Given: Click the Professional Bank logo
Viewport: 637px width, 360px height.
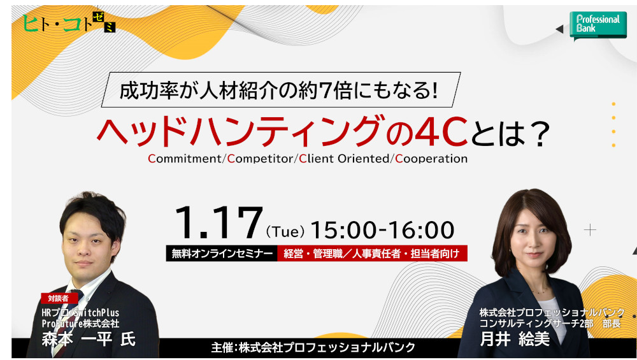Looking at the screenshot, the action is [598, 25].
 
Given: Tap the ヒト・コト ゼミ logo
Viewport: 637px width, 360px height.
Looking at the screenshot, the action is [69, 22].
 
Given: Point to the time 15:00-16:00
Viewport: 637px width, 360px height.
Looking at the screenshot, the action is [382, 229].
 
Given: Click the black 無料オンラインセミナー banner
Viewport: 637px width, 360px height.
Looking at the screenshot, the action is [222, 254].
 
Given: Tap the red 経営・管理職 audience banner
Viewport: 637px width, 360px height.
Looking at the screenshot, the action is [372, 254].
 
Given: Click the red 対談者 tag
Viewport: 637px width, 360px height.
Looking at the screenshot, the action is [59, 298].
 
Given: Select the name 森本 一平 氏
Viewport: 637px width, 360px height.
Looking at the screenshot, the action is [89, 339].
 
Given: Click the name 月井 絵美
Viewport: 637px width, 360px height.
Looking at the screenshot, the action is [515, 339].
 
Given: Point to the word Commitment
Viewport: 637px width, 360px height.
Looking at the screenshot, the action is [185, 159].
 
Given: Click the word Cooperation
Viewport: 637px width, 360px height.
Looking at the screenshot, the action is [431, 159].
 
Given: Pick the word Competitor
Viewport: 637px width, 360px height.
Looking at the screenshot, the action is [260, 159].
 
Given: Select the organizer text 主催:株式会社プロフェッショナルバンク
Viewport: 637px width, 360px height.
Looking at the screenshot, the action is [313, 347].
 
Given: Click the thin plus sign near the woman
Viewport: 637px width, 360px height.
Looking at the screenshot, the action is [590, 230].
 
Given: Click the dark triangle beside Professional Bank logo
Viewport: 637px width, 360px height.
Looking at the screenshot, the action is [559, 29].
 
